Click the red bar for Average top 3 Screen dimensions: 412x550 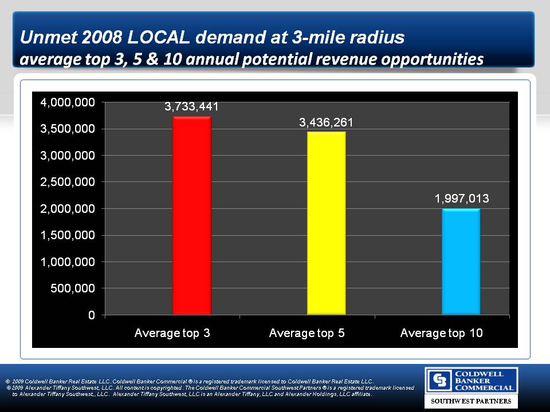point(192,215)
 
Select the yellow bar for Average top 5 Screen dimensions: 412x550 point(326,223)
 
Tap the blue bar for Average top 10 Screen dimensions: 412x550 point(461,262)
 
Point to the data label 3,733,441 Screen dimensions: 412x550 point(192,106)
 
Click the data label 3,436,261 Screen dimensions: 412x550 point(326,122)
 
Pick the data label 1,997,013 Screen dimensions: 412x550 point(461,199)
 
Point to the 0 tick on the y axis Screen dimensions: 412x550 point(91,315)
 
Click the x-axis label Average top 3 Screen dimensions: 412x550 point(172,332)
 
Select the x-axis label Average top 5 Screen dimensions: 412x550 point(307,332)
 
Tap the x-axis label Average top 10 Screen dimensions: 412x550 point(441,332)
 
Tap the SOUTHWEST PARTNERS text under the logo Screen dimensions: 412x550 point(471,402)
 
